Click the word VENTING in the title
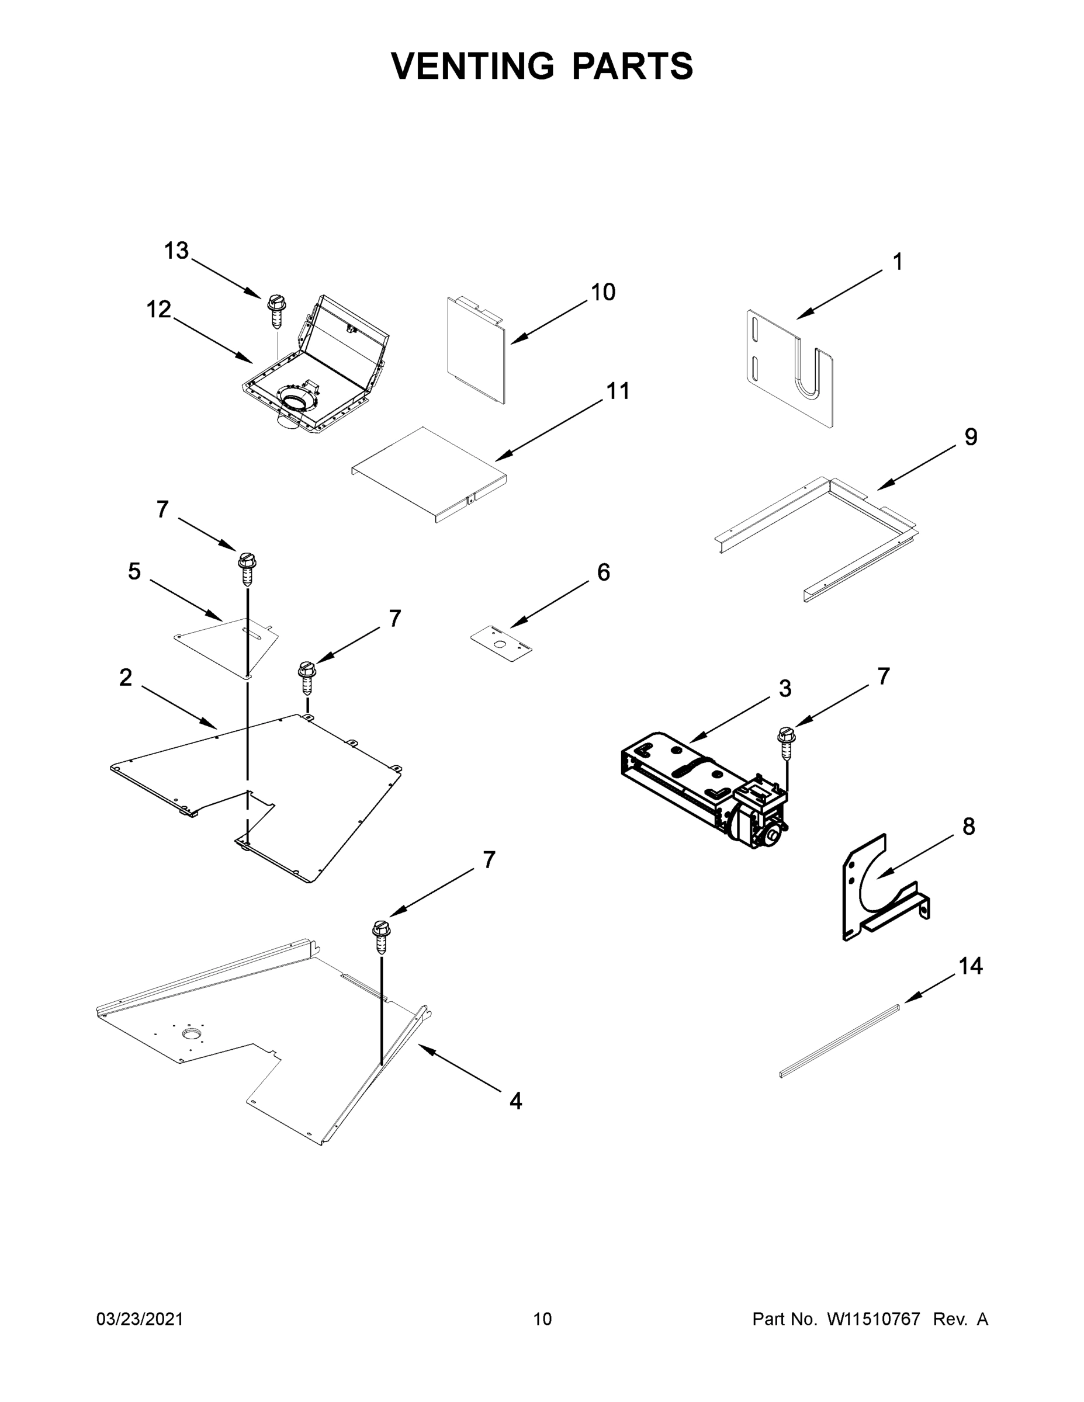(x=473, y=66)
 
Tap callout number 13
(x=175, y=251)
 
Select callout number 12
(x=158, y=310)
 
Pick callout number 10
(x=603, y=293)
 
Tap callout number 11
(x=618, y=391)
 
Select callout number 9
(x=970, y=437)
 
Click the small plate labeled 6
(x=501, y=644)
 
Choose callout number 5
(x=134, y=571)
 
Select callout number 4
(x=515, y=1102)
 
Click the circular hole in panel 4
(x=191, y=1033)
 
